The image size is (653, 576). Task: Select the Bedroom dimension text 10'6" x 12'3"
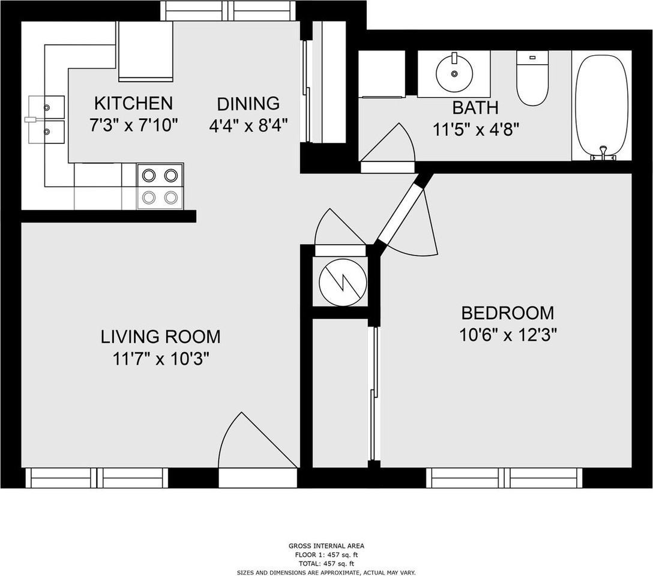pyautogui.click(x=508, y=335)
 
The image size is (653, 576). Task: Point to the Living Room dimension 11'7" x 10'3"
pyautogui.click(x=161, y=358)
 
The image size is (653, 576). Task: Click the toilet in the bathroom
pyautogui.click(x=532, y=78)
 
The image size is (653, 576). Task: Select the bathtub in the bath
pyautogui.click(x=601, y=107)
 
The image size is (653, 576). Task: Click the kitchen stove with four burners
pyautogui.click(x=160, y=186)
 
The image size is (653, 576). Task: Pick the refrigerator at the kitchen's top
pyautogui.click(x=145, y=51)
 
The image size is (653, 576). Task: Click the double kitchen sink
pyautogui.click(x=46, y=119)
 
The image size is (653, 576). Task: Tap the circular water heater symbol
pyautogui.click(x=343, y=283)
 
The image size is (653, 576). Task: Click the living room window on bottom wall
pyautogui.click(x=97, y=478)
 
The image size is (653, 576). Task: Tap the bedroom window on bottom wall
pyautogui.click(x=504, y=478)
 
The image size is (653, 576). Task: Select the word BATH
pyautogui.click(x=475, y=108)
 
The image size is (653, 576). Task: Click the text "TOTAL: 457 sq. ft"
pyautogui.click(x=326, y=564)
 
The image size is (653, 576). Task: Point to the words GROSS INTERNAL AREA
pyautogui.click(x=326, y=545)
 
